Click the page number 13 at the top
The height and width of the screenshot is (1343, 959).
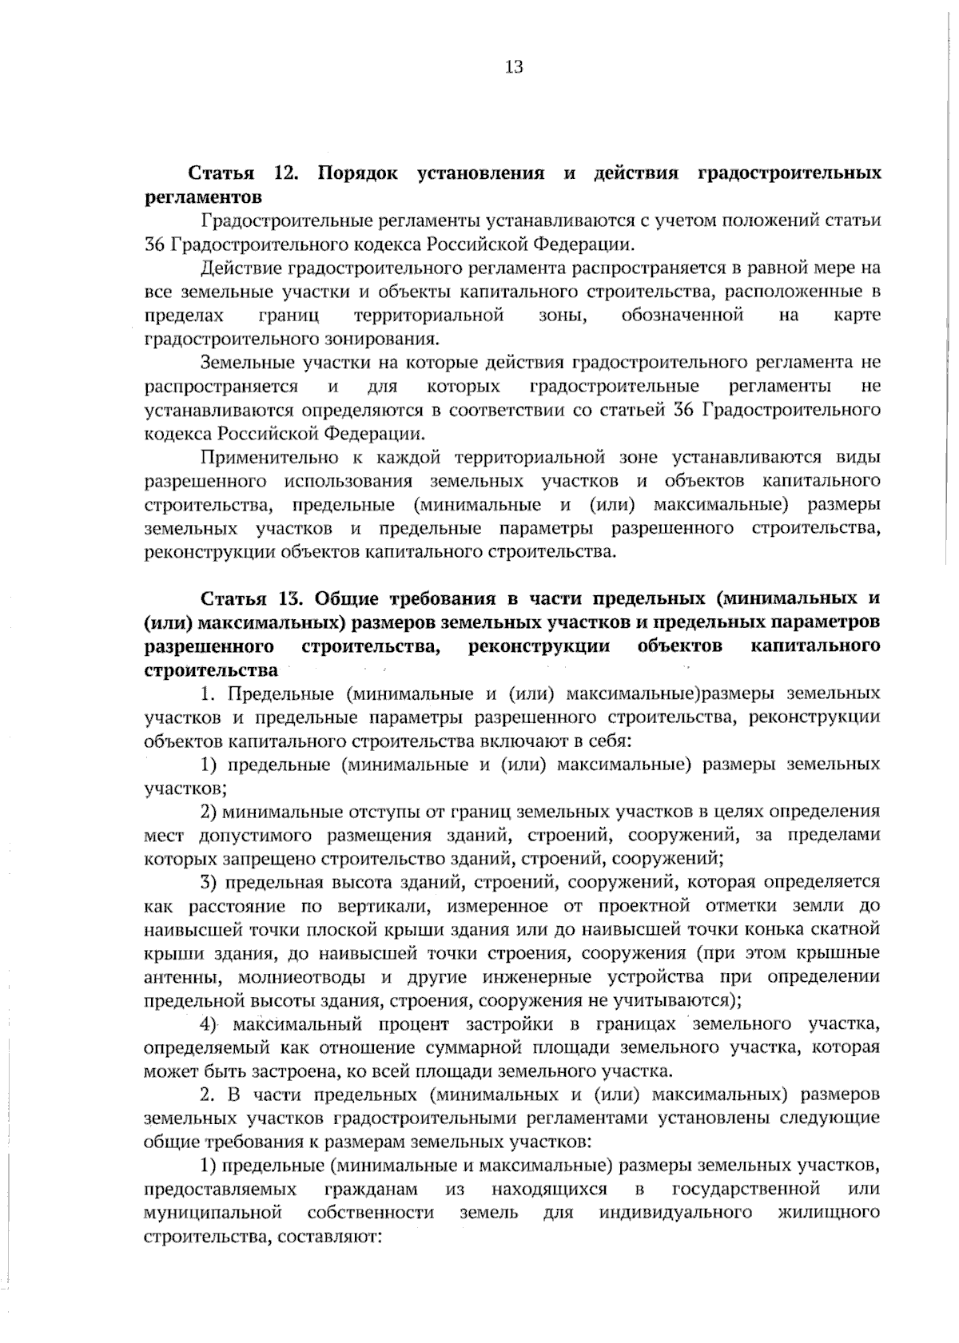pos(514,67)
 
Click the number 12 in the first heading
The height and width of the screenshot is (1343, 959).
pos(285,173)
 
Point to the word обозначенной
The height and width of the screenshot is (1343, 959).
pos(682,315)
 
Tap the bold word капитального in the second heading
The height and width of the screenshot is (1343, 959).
pos(816,646)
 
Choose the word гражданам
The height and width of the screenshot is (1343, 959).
pos(372,1189)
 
